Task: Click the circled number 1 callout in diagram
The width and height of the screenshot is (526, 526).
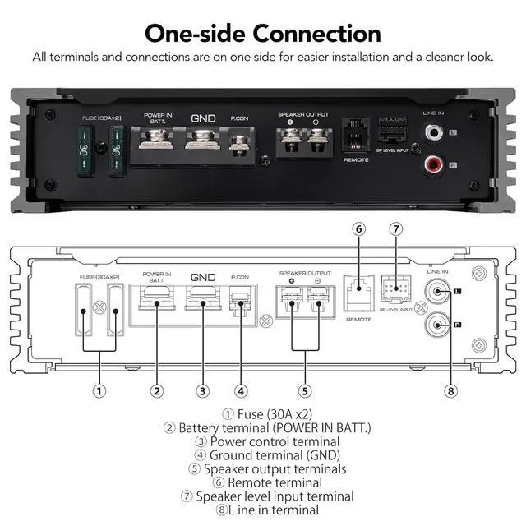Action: (x=99, y=391)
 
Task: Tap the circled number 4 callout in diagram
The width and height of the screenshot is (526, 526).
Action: (x=240, y=391)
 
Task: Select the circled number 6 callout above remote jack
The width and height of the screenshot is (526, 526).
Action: (x=358, y=229)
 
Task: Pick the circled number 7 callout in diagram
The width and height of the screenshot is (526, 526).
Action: (x=395, y=229)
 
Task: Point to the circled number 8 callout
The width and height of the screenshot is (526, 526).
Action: (x=450, y=391)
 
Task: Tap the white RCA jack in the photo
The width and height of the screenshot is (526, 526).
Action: (x=432, y=131)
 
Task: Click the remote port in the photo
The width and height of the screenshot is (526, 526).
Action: (x=356, y=133)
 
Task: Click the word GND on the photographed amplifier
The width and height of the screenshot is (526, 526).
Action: (x=203, y=118)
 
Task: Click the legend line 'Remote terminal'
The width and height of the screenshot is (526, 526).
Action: (x=263, y=482)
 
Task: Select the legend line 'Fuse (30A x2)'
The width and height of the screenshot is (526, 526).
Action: (x=263, y=413)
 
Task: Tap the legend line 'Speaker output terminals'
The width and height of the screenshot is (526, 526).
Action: (x=263, y=468)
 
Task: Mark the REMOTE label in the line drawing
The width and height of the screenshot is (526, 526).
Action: (x=358, y=319)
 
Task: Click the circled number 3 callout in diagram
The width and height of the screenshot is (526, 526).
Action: (x=202, y=391)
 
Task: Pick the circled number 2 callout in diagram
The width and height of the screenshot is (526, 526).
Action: (x=156, y=391)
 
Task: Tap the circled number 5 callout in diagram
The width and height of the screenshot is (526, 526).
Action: (x=305, y=391)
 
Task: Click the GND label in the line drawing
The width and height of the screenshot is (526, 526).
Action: (x=202, y=279)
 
